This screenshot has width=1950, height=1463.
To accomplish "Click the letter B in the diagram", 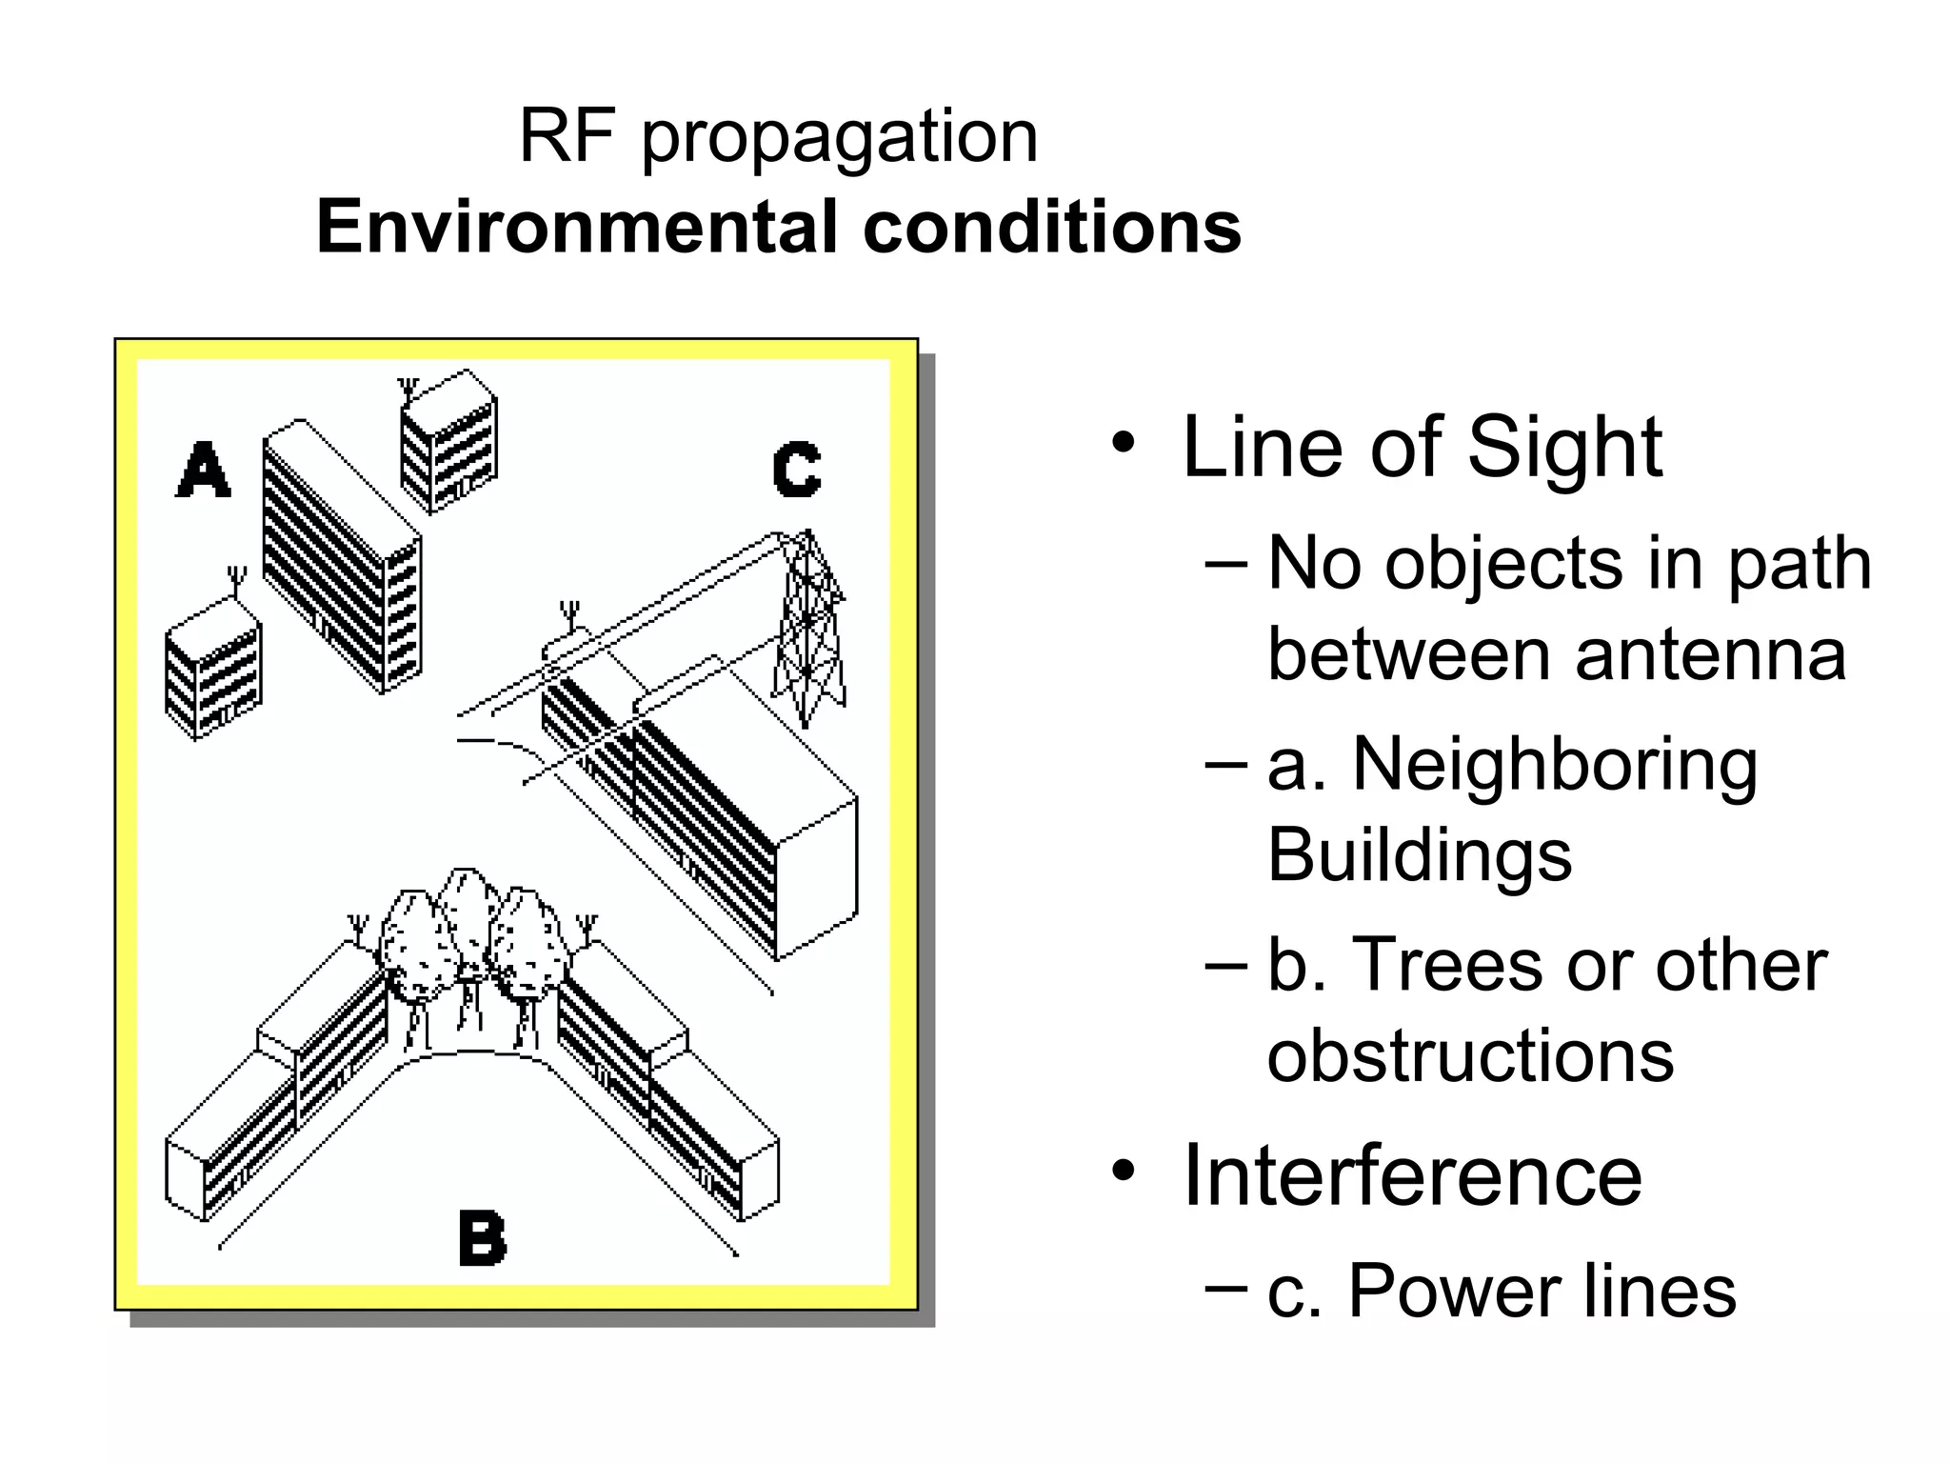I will [x=483, y=1237].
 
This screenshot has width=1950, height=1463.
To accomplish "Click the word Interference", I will [x=1412, y=1175].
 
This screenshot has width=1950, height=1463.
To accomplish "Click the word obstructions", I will [x=1470, y=1055].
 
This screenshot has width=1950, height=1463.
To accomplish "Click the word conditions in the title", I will [x=1051, y=228].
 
